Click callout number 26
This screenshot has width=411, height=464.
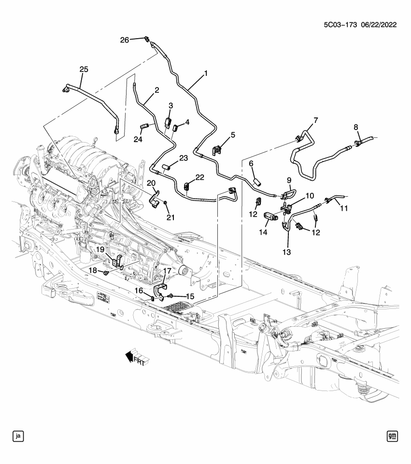125,40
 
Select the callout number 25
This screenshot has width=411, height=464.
84,70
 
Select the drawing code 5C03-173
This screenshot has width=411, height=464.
337,25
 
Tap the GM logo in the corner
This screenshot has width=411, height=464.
392,436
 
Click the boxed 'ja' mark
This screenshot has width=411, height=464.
18,436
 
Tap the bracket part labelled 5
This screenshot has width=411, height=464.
219,150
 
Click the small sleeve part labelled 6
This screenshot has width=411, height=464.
257,182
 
